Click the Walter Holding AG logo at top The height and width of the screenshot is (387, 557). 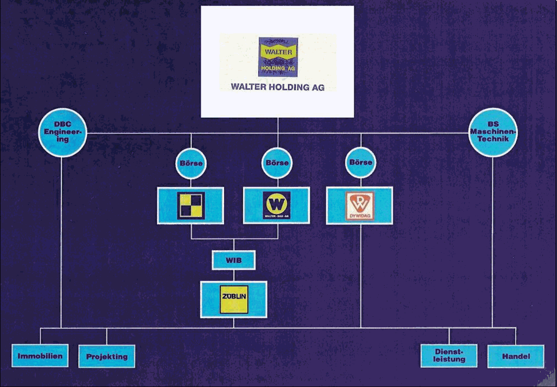[x=278, y=56]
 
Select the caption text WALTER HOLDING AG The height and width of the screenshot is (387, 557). [x=278, y=87]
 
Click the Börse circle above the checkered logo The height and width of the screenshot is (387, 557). [x=191, y=163]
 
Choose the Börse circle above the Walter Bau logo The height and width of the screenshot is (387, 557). [x=278, y=163]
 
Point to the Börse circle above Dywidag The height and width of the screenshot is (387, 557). [x=360, y=162]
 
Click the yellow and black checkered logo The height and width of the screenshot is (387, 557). [x=191, y=206]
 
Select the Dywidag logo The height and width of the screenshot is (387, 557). [x=359, y=206]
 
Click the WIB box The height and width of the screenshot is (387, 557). [x=234, y=260]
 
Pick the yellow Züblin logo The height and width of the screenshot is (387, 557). [x=234, y=299]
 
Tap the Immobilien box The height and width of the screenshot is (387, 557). [x=40, y=357]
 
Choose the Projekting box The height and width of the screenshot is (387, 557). [x=107, y=357]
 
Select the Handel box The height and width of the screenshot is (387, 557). [x=516, y=356]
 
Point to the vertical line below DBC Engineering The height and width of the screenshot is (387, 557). [x=61, y=241]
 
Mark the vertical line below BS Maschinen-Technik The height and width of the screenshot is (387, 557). [x=492, y=241]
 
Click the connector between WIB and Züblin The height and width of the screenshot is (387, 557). [x=234, y=275]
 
